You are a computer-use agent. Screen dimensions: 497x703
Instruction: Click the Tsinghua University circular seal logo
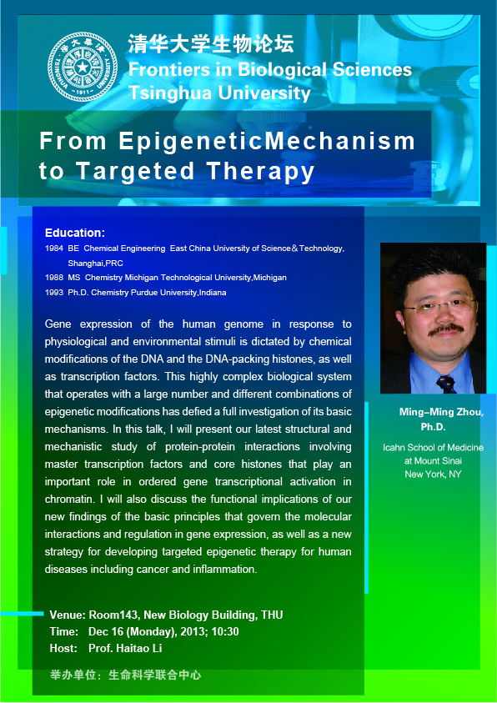coord(83,67)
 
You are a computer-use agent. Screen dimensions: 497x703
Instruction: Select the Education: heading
coord(75,233)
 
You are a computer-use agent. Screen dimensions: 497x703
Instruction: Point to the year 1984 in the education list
coord(53,249)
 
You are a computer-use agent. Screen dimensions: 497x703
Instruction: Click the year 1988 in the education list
coord(53,278)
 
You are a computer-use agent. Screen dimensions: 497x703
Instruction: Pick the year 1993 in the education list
coord(53,293)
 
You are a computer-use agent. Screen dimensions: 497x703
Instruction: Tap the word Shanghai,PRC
coord(95,264)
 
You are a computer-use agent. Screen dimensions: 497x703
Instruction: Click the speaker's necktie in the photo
coord(446,384)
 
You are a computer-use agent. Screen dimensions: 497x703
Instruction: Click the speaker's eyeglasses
coord(439,307)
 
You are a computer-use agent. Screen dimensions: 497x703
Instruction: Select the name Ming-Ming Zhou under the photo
coord(441,413)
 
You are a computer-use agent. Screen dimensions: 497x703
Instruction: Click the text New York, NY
coord(433,474)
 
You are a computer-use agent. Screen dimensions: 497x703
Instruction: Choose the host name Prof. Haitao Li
coord(125,648)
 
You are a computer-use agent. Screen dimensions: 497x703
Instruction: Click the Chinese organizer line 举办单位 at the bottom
coord(126,675)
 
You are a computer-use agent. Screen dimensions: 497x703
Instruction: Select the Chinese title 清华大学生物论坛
coord(211,45)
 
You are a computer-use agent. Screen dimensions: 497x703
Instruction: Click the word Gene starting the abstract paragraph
coord(58,324)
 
